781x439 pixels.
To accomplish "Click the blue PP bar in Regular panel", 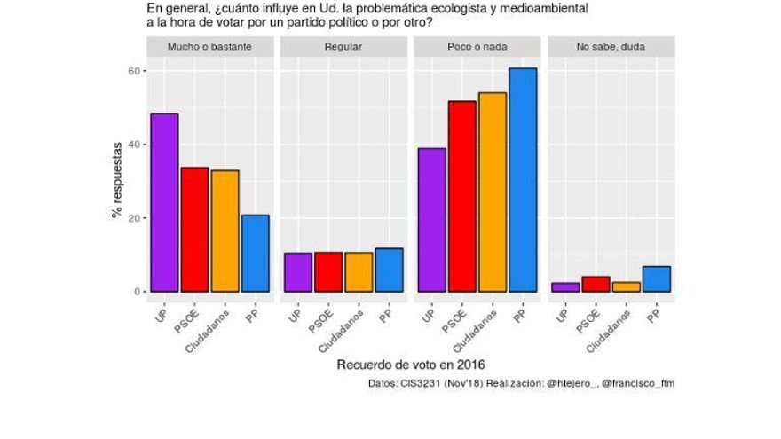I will tap(389, 270).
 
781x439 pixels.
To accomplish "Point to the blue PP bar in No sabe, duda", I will tap(657, 278).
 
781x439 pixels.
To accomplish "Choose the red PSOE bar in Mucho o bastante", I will tap(194, 230).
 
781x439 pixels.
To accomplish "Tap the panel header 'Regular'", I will tap(343, 46).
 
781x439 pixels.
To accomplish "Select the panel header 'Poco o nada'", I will tap(477, 46).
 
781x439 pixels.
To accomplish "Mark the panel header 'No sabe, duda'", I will tap(611, 46).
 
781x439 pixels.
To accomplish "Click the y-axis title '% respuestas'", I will tap(115, 181).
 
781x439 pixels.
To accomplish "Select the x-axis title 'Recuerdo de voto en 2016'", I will tap(411, 365).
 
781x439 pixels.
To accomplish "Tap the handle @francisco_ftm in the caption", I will tap(638, 383).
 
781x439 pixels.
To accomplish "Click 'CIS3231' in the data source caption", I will tap(416, 383).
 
